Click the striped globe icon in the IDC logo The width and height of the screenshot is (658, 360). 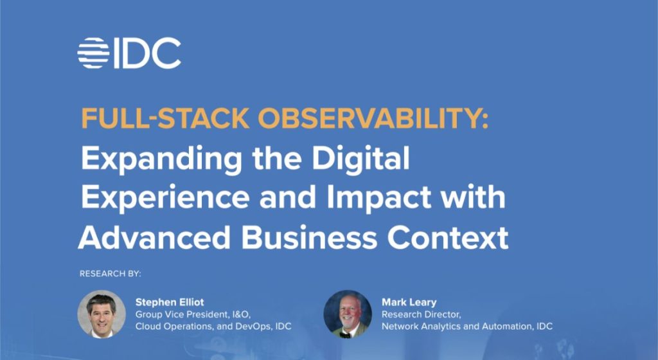tap(94, 53)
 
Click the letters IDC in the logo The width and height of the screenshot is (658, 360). tap(147, 53)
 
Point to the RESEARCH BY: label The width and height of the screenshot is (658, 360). tap(110, 274)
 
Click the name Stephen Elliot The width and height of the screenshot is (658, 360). tap(169, 301)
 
